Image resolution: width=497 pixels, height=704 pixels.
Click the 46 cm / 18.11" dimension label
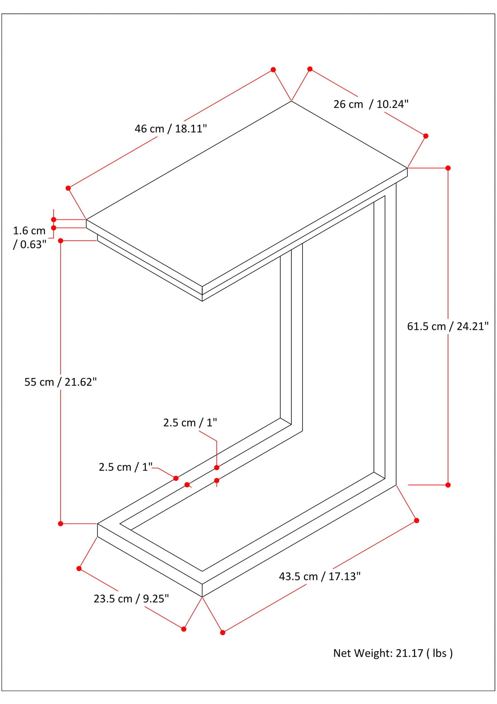point(171,129)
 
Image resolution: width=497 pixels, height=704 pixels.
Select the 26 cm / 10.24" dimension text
point(371,104)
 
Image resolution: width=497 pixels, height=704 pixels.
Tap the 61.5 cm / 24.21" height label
point(448,326)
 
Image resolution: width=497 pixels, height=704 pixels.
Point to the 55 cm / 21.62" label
point(60,382)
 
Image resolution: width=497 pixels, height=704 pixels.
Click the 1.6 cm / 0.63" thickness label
point(30,238)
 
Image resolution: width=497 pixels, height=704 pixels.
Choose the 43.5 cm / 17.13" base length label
point(319,576)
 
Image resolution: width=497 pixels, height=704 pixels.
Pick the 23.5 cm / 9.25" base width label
point(131,599)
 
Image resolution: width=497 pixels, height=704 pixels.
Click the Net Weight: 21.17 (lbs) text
point(393,653)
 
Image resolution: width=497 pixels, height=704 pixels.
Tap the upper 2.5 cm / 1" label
point(190,422)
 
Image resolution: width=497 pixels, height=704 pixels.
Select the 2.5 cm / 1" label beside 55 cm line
point(125,467)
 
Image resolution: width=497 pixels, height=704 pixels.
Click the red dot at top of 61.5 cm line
point(448,168)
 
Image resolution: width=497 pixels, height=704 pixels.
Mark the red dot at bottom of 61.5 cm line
point(448,485)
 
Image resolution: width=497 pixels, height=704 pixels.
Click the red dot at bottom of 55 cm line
point(61,524)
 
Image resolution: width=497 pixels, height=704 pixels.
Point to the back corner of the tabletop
point(291,101)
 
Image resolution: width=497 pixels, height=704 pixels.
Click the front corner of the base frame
point(202,597)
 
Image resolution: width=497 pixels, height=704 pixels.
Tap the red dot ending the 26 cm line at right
point(426,136)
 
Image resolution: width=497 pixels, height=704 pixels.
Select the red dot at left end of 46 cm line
point(68,188)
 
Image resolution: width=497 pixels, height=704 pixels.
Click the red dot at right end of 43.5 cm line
point(416,520)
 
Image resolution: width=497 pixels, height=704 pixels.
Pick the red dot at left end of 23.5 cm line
point(79,569)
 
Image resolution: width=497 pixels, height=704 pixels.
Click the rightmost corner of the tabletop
point(407,168)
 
